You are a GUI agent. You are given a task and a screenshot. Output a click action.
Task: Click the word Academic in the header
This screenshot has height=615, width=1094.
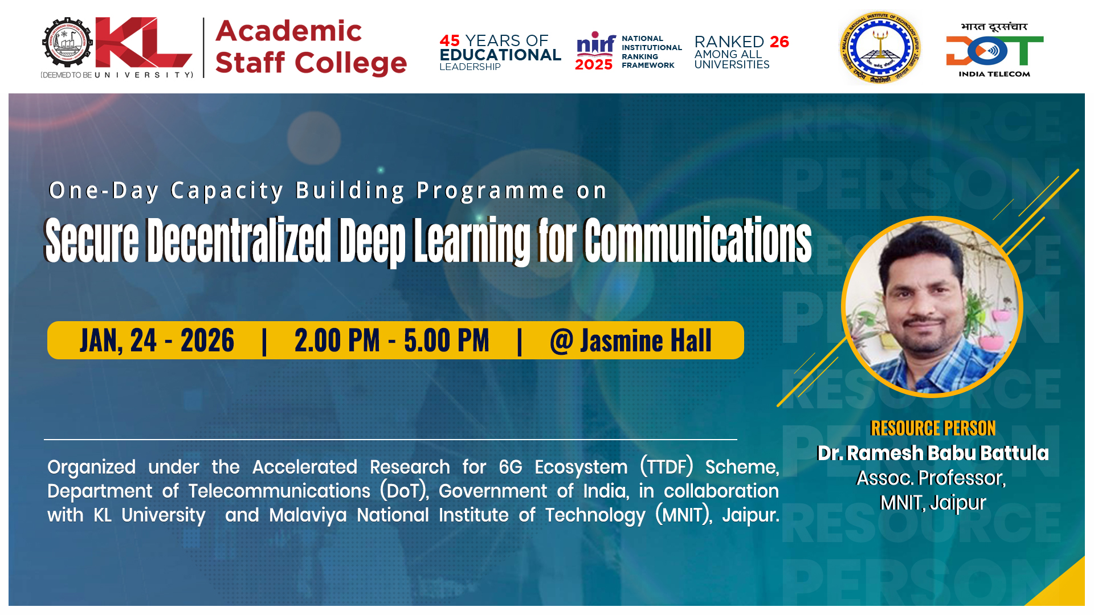(x=288, y=31)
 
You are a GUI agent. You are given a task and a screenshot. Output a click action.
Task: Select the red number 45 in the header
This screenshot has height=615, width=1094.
(x=450, y=40)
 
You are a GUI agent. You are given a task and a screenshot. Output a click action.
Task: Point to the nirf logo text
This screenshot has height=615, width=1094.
(x=596, y=43)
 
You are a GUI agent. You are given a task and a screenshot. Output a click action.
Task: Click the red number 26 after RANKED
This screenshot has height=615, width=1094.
(x=779, y=42)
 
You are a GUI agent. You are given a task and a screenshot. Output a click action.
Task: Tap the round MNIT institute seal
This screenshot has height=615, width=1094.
(x=880, y=48)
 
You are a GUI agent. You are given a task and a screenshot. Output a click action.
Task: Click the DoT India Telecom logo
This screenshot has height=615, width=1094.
(x=994, y=50)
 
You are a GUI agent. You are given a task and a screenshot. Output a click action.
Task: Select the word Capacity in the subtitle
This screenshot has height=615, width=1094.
(x=227, y=191)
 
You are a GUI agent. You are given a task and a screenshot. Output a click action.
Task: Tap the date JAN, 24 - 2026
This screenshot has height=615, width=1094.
(x=157, y=341)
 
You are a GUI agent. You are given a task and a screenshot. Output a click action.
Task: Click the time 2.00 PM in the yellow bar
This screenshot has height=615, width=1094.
(x=337, y=341)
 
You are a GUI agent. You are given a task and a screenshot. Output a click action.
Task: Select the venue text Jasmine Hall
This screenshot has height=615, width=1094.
(x=646, y=341)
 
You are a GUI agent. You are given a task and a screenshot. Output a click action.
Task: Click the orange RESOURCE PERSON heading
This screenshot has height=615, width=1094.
(x=933, y=428)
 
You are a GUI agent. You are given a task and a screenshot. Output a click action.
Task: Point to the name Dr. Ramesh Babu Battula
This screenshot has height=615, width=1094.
(x=933, y=453)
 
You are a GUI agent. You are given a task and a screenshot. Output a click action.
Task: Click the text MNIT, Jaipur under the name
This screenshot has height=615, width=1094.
(x=933, y=503)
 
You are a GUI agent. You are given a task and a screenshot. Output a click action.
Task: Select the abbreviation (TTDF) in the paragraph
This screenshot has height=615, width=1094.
(x=667, y=467)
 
